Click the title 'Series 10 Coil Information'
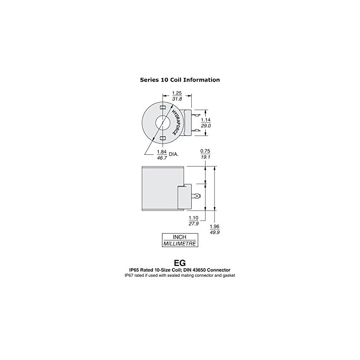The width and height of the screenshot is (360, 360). [180, 80]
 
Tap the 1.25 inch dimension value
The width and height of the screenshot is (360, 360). [176, 94]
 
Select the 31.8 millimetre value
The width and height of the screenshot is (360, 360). [176, 99]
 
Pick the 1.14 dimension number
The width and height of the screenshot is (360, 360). [206, 120]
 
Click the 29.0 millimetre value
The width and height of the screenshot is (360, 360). [206, 126]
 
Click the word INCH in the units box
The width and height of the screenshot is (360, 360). [180, 237]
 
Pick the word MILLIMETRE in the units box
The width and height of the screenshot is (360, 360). [180, 243]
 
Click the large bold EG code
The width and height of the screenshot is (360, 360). [180, 262]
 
